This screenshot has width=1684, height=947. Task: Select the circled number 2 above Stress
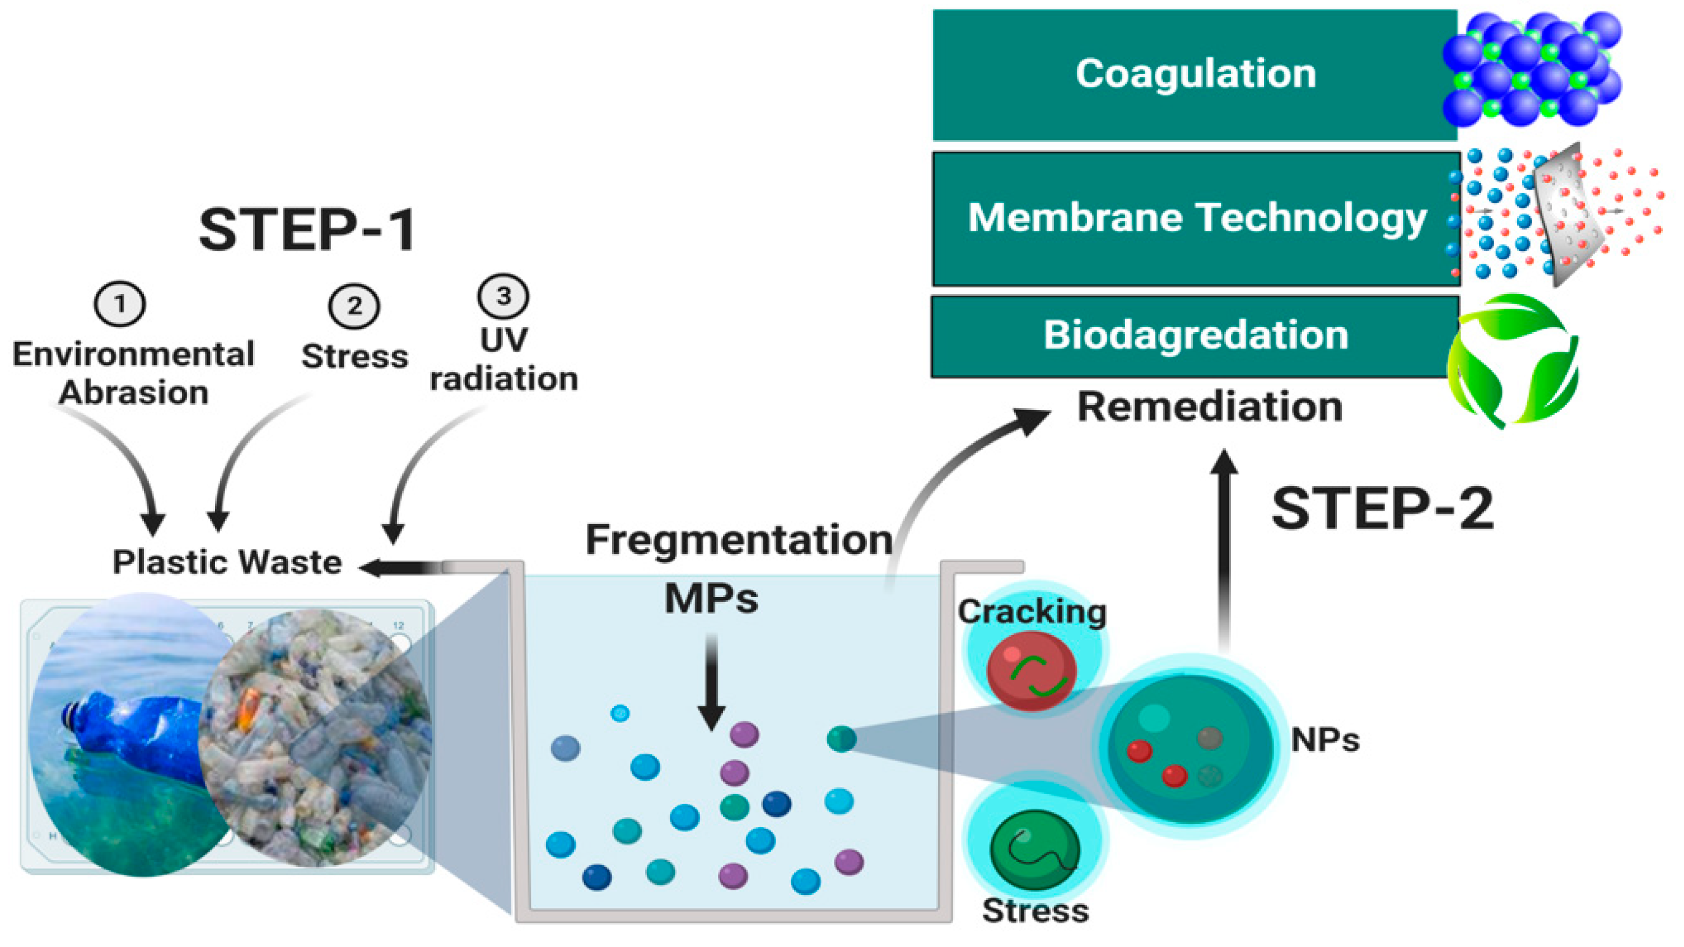[x=354, y=306]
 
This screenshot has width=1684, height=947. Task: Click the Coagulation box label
[x=1195, y=73]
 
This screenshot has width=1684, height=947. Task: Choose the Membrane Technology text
[x=1196, y=218]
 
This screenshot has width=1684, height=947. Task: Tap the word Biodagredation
[x=1195, y=335]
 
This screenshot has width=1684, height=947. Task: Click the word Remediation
[x=1210, y=407]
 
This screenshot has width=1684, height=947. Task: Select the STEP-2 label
[x=1382, y=509]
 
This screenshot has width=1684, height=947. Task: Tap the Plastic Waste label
[x=227, y=562]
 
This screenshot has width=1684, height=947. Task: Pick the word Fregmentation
[x=739, y=540]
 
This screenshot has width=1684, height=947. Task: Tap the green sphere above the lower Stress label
[x=1034, y=850]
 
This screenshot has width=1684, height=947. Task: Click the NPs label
[x=1324, y=740]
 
